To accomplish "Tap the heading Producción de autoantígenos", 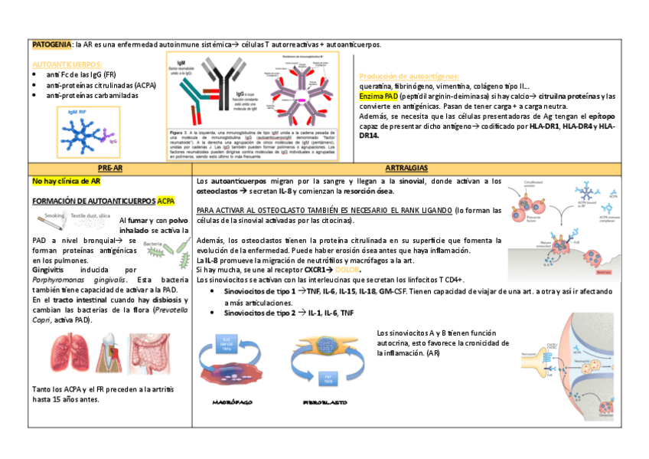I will (409, 77).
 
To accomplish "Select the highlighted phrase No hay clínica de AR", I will (66, 182).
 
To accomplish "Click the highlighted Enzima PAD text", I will (379, 97).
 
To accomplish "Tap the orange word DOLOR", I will (347, 270).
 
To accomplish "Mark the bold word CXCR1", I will (318, 270).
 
